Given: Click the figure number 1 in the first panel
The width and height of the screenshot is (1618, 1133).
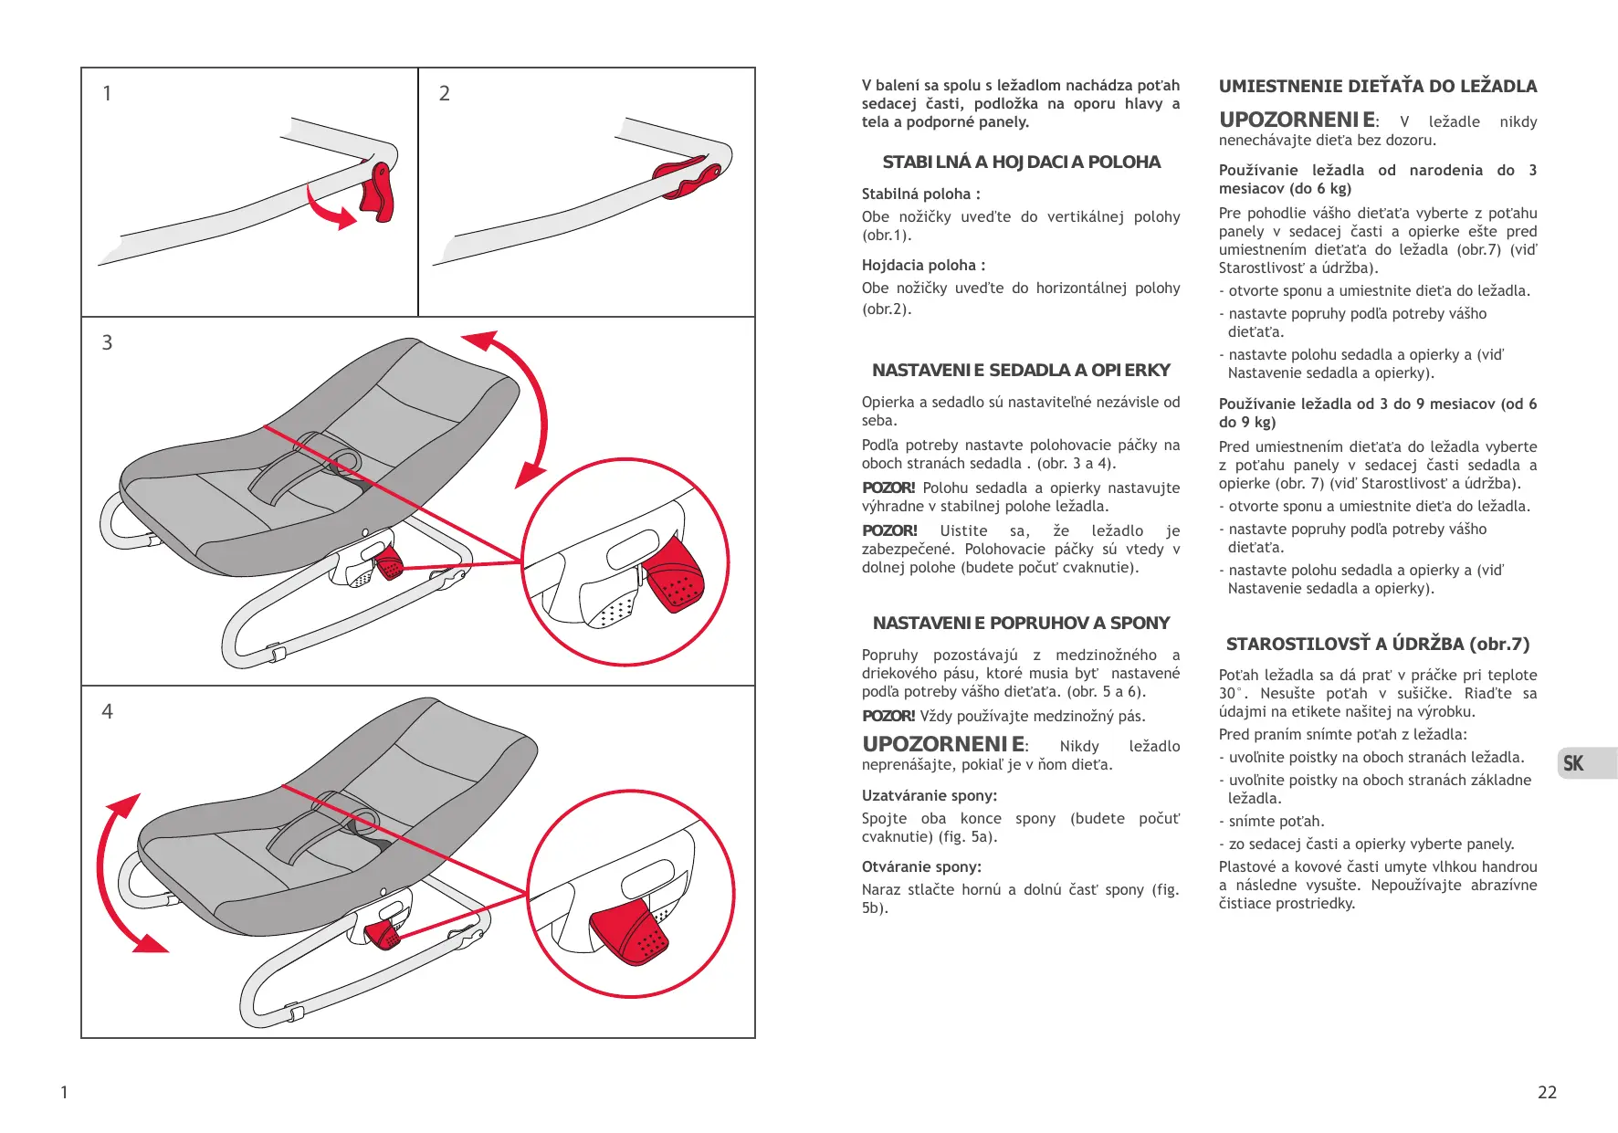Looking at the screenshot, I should click(107, 93).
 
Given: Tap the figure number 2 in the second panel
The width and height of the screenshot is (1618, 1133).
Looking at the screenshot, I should click(445, 93).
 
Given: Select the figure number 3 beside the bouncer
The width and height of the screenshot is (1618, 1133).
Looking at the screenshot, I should click(107, 342).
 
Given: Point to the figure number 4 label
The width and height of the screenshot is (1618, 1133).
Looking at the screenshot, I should click(107, 711).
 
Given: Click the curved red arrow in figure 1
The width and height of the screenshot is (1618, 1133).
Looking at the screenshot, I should click(329, 210).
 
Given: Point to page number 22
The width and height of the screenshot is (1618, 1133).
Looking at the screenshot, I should click(1547, 1092).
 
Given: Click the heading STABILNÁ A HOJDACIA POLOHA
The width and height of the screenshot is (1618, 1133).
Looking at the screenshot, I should click(1021, 163).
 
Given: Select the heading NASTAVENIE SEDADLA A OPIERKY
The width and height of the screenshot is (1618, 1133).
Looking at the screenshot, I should click(1021, 370).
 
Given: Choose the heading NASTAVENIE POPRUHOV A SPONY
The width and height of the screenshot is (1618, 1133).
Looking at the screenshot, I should click(1021, 623).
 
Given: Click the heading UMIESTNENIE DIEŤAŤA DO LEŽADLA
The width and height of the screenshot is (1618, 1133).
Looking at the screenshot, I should click(1378, 87).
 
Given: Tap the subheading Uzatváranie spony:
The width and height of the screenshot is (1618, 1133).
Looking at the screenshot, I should click(929, 795).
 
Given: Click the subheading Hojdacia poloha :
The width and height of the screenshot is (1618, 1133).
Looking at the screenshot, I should click(923, 265).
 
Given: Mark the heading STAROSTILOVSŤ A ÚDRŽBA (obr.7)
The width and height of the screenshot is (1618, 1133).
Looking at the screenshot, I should click(1378, 644).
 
